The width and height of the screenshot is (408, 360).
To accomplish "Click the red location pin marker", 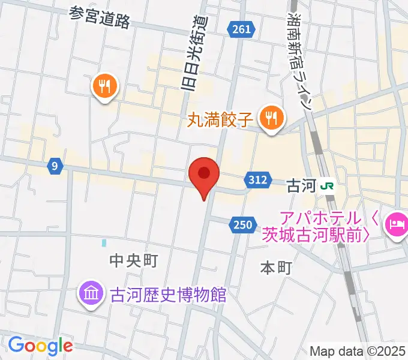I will (204, 175).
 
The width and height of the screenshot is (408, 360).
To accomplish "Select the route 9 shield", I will (55, 167).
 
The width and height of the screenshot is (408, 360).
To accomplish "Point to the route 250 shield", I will (239, 224).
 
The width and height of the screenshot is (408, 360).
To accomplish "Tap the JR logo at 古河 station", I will (328, 185).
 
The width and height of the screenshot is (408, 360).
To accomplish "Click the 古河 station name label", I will (301, 185).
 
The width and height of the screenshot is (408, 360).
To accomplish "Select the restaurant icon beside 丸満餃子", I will (272, 117).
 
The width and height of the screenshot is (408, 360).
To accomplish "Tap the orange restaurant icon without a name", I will (104, 88).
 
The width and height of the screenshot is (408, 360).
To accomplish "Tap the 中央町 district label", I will (133, 260).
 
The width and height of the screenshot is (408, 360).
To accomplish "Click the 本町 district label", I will (276, 268).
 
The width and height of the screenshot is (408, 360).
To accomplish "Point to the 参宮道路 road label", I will (100, 18).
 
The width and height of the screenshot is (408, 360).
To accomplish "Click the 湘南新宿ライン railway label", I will (299, 60).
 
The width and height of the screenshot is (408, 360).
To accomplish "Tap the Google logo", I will (40, 346).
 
